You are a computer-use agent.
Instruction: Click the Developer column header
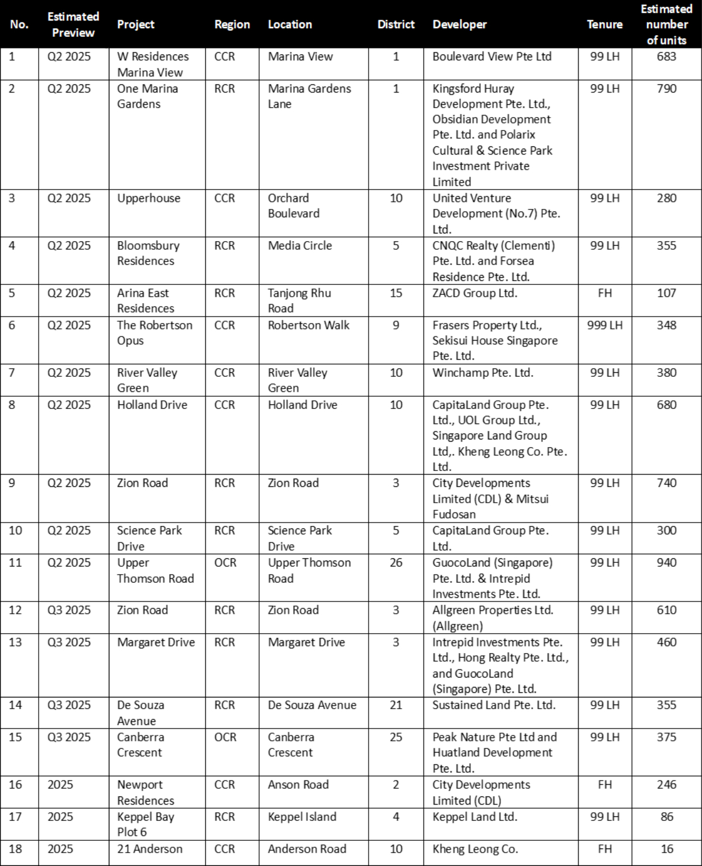(x=459, y=25)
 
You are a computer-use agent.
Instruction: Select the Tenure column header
(x=604, y=25)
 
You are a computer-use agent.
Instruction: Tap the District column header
(x=395, y=25)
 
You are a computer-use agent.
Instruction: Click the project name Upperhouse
(x=149, y=198)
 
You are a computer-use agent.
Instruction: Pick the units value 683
(x=666, y=57)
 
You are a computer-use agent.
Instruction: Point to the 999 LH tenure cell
(x=604, y=325)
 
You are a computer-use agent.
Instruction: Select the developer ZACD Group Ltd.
(x=474, y=293)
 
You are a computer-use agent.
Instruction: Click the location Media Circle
(x=300, y=246)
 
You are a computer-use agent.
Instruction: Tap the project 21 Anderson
(x=150, y=849)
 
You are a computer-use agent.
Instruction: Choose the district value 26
(x=396, y=563)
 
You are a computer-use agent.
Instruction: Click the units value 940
(x=666, y=563)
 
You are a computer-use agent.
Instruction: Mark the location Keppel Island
(x=302, y=817)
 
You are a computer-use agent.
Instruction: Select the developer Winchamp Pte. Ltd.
(x=483, y=373)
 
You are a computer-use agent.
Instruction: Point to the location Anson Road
(x=298, y=785)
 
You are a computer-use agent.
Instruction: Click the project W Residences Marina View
(x=153, y=64)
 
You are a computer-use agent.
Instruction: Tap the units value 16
(x=666, y=849)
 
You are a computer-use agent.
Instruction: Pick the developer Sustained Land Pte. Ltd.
(x=494, y=705)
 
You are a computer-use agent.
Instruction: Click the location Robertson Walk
(x=308, y=325)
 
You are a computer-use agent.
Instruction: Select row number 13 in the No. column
(x=15, y=642)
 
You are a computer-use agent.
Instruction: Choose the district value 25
(x=396, y=737)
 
